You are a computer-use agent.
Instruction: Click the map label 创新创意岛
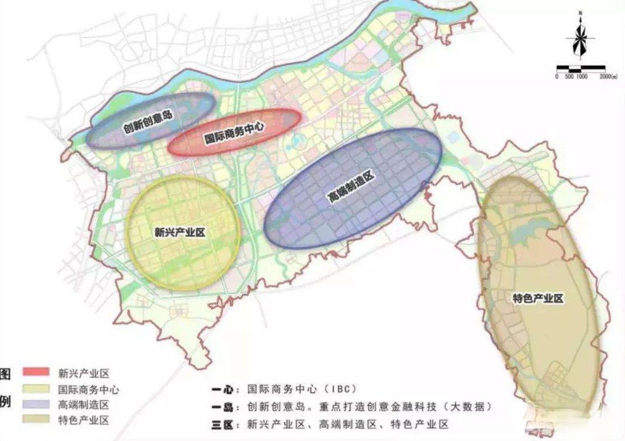coord(148,120)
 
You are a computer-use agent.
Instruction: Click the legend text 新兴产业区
coord(84,372)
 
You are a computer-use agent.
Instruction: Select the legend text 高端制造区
coord(84,404)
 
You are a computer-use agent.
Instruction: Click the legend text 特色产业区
coord(84,420)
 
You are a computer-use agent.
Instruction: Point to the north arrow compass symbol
coord(580,36)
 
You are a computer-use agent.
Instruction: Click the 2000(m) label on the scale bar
coord(607,77)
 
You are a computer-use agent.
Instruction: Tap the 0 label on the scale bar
coord(557,77)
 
